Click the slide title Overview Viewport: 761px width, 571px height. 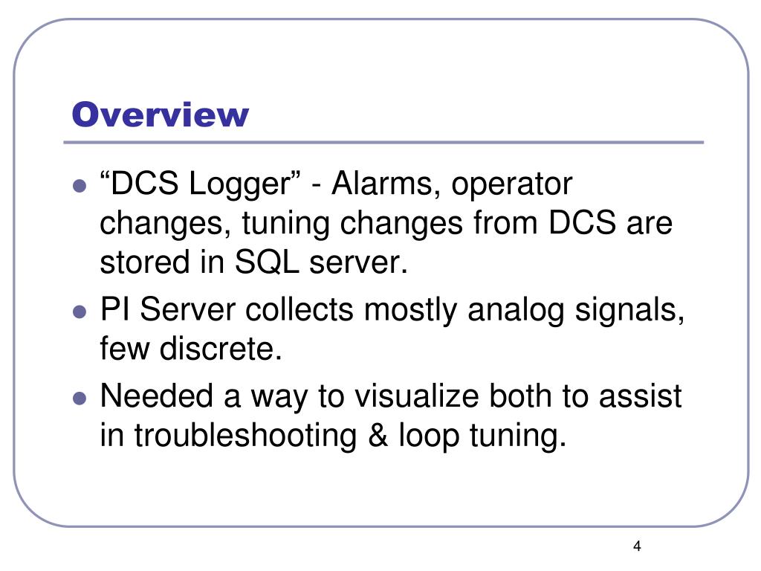tap(160, 115)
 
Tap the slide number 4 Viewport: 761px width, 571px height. tap(637, 547)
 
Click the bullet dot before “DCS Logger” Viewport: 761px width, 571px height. tap(80, 187)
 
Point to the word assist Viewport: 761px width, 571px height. tap(641, 396)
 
